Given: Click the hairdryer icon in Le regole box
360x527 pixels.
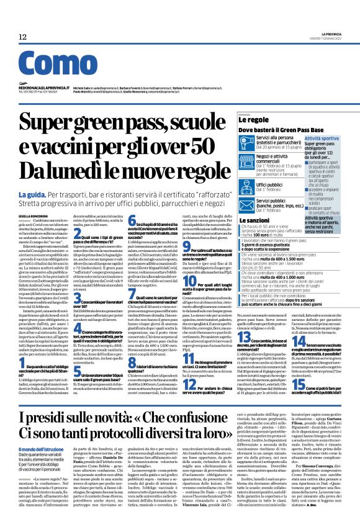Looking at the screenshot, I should click(x=247, y=145).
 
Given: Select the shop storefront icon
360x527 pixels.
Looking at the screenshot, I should click(x=247, y=161).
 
